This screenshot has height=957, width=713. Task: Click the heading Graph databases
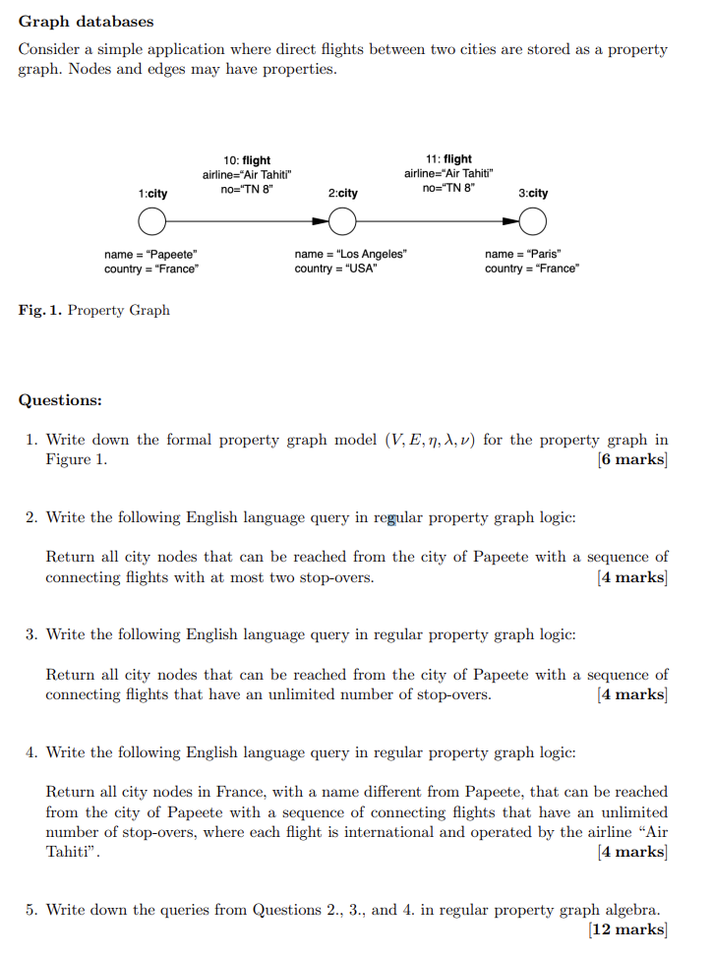click(87, 21)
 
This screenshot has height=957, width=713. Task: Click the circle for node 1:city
click(151, 225)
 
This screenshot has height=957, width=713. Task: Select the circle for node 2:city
click(341, 224)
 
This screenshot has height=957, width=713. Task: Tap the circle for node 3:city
click(532, 224)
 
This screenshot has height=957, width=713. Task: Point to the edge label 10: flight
click(247, 160)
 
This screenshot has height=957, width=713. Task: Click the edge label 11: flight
click(448, 159)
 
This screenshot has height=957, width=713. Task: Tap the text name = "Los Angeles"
click(350, 254)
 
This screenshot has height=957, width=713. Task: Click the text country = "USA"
click(335, 269)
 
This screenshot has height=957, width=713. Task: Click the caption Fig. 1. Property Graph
click(93, 311)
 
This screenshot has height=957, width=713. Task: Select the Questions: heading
click(60, 400)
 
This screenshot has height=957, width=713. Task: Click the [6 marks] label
click(631, 460)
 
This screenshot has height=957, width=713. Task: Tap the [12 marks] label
click(627, 929)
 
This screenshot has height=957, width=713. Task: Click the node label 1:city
click(152, 195)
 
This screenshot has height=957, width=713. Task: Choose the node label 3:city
click(533, 194)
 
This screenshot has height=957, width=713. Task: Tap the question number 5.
click(31, 910)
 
